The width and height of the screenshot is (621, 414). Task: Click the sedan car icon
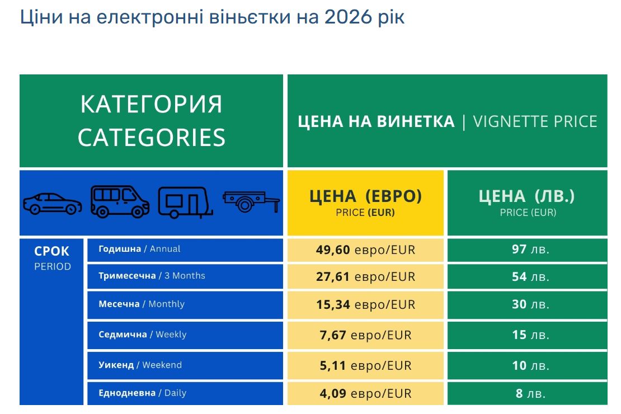point(52,203)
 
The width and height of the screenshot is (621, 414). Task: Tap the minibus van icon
point(120,201)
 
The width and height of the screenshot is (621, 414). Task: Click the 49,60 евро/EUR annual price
point(365,250)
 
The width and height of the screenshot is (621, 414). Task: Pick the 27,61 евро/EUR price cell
point(365,276)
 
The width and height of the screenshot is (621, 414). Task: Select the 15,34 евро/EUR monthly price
point(365,304)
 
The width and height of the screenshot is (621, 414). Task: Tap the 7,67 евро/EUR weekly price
point(365,335)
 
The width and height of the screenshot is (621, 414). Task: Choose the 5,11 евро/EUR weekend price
point(365,365)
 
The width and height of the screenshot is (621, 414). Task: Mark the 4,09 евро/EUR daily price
point(365,393)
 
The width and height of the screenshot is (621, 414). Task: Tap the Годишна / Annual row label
point(139,249)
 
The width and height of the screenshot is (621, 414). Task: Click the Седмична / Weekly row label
point(142,335)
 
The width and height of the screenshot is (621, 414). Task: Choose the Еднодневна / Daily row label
point(142,393)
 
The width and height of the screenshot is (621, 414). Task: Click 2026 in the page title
point(347,17)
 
